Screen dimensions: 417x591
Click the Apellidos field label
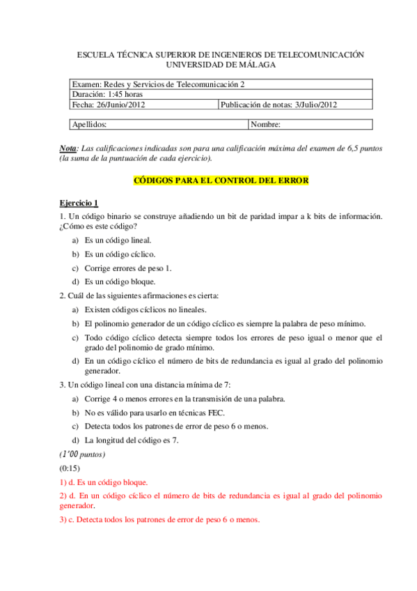pyautogui.click(x=89, y=125)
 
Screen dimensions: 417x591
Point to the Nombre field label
pyautogui.click(x=265, y=125)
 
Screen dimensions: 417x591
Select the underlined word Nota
pyautogui.click(x=68, y=148)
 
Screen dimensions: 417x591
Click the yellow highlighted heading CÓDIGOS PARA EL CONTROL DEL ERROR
pyautogui.click(x=220, y=180)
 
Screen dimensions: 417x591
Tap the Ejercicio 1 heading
pyautogui.click(x=78, y=203)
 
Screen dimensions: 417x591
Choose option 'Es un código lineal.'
pyautogui.click(x=118, y=240)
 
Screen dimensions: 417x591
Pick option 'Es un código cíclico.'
pyautogui.click(x=120, y=254)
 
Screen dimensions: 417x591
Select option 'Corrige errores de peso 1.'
pyautogui.click(x=128, y=268)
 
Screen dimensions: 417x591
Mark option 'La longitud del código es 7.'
pyautogui.click(x=132, y=440)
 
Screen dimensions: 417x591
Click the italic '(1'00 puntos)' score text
pyautogui.click(x=82, y=454)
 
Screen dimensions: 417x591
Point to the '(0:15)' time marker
pyautogui.click(x=70, y=468)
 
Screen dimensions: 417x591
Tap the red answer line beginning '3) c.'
pyautogui.click(x=159, y=519)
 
